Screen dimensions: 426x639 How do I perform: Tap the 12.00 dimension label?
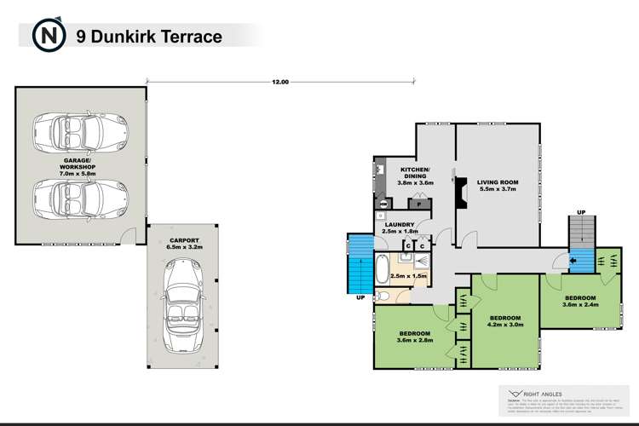280,82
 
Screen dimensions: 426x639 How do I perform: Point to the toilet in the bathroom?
384,296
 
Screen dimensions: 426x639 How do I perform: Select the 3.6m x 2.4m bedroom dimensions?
580,304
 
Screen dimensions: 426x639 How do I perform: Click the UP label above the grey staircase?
580,210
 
